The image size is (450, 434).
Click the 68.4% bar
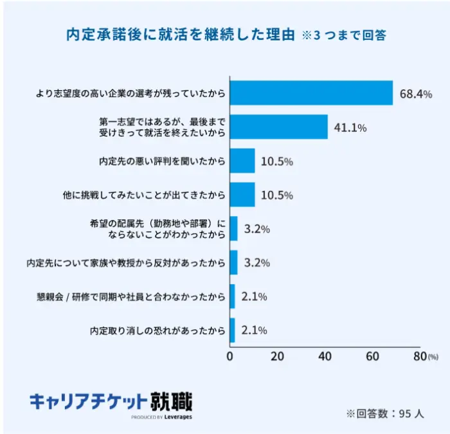[x=311, y=93]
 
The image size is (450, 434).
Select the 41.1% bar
[x=279, y=127]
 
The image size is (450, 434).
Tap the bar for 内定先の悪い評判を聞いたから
[x=242, y=161]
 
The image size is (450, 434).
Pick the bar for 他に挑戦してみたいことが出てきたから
[x=242, y=195]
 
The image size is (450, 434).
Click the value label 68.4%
[x=416, y=94]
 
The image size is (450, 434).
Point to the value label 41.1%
[x=350, y=128]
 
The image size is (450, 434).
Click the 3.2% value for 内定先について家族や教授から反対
[x=256, y=263]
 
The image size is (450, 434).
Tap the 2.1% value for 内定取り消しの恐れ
[x=253, y=330]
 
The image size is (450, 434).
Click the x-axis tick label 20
[x=278, y=356]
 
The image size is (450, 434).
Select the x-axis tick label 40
[x=325, y=356]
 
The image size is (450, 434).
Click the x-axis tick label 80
[x=419, y=356]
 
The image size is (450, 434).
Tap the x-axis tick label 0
[x=230, y=356]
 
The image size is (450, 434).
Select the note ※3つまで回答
[x=344, y=35]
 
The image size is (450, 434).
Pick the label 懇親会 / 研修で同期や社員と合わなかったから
[x=131, y=297]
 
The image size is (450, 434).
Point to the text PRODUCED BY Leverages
[x=161, y=417]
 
